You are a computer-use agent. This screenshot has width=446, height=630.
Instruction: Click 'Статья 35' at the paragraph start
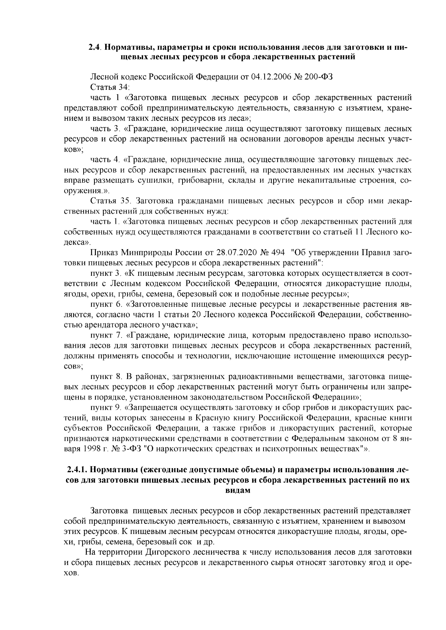pos(111,201)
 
